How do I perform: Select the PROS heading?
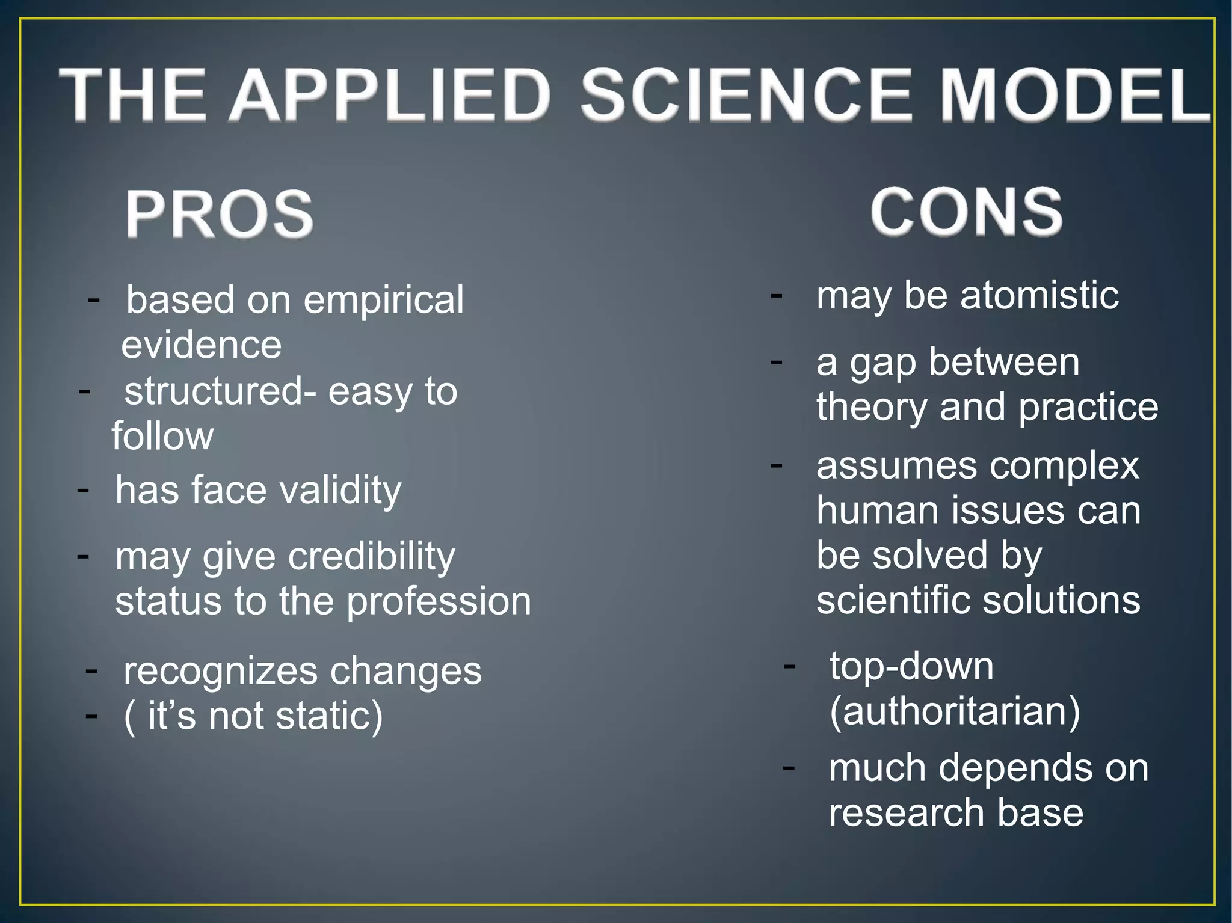pos(220,213)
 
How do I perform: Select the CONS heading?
pos(966,211)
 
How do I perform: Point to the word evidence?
pos(202,345)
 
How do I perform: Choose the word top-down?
pos(911,666)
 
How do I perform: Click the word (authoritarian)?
pos(955,711)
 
